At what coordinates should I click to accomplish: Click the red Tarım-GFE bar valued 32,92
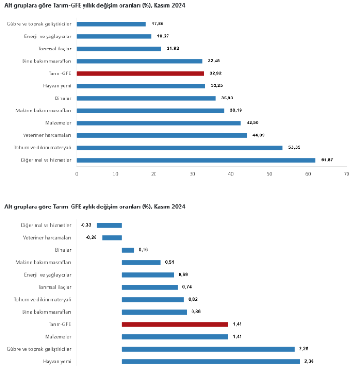(x=140, y=73)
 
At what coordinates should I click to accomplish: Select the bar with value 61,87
(x=196, y=160)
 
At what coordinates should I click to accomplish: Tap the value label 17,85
(x=157, y=24)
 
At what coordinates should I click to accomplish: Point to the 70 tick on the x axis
(x=346, y=174)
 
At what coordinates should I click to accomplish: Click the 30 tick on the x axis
(x=192, y=174)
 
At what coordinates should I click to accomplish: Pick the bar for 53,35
(x=180, y=148)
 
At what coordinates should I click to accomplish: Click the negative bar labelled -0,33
(x=109, y=225)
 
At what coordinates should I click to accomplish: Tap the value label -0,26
(x=91, y=238)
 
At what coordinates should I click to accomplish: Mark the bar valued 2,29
(x=208, y=349)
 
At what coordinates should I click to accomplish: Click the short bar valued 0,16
(x=128, y=250)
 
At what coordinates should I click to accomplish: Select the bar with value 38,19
(x=150, y=110)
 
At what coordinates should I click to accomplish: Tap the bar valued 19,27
(x=114, y=36)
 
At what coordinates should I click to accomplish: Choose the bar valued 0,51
(x=141, y=263)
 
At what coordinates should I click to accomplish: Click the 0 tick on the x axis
(x=77, y=174)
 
